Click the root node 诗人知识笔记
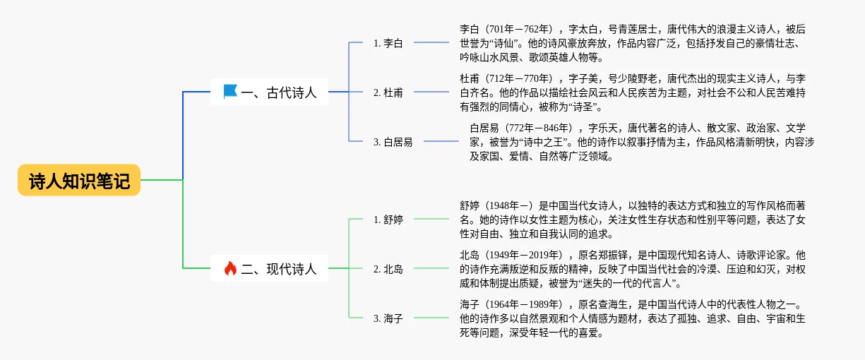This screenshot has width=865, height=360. [x=79, y=181]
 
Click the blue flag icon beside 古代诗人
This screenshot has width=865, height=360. [x=230, y=92]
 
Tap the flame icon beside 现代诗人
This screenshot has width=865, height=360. [x=230, y=268]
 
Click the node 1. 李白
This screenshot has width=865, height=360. [x=388, y=43]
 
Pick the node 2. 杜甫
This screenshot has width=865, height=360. [x=388, y=92]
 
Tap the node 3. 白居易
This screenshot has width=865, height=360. [x=393, y=142]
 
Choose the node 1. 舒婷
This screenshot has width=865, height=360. [x=388, y=220]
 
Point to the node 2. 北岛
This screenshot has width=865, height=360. [x=388, y=269]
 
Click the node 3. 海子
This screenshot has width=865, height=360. [x=388, y=318]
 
